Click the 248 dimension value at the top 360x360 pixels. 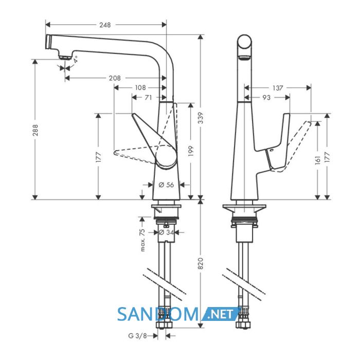click(105, 25)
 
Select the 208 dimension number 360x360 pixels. click(115, 78)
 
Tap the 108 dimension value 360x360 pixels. click(140, 88)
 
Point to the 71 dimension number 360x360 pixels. click(148, 98)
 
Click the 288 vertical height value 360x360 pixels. click(35, 130)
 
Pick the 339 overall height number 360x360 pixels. click(201, 118)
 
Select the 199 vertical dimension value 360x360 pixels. click(191, 151)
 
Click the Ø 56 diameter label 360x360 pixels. click(166, 185)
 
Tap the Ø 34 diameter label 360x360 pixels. click(166, 232)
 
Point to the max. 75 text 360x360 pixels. click(142, 240)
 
